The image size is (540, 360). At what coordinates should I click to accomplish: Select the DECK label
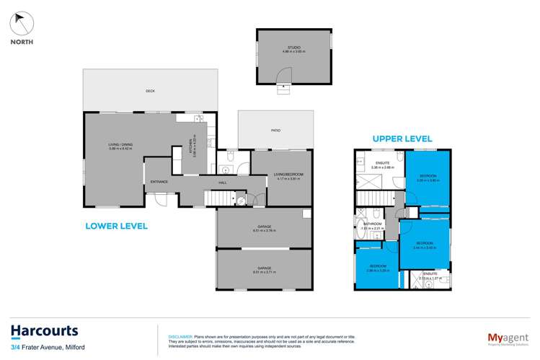pyautogui.click(x=150, y=91)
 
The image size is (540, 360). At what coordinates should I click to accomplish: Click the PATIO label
pyautogui.click(x=275, y=131)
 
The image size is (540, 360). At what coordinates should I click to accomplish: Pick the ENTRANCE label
pyautogui.click(x=159, y=181)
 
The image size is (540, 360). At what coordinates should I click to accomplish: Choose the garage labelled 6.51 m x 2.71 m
pyautogui.click(x=265, y=269)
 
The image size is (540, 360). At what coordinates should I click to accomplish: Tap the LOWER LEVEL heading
pyautogui.click(x=116, y=226)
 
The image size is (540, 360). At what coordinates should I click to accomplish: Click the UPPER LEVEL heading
pyautogui.click(x=402, y=138)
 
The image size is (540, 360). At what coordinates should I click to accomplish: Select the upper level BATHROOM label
pyautogui.click(x=371, y=224)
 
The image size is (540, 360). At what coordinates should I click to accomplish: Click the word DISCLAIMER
pyautogui.click(x=179, y=337)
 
